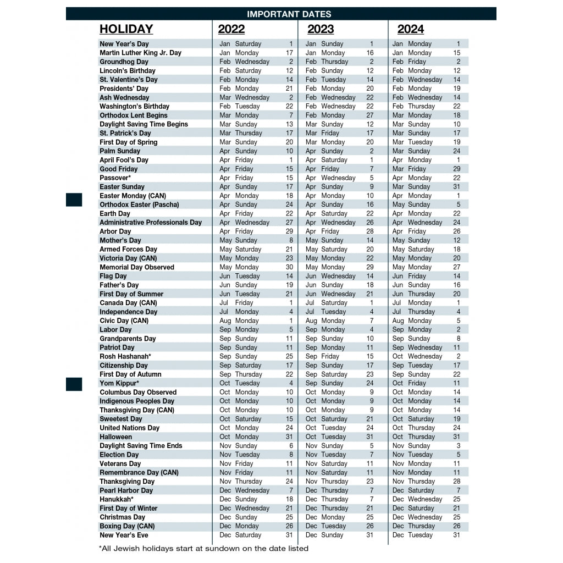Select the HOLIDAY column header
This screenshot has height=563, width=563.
pos(126,29)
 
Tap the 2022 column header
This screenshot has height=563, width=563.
pos(231,29)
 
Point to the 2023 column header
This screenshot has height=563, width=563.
pos(320,29)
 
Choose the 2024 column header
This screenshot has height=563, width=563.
pos(410,29)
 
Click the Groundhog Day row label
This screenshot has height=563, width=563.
pos(124,62)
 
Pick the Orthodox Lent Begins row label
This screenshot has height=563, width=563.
pos(134,115)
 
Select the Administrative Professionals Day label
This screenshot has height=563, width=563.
pos(151,223)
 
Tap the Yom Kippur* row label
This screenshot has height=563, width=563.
pos(119,383)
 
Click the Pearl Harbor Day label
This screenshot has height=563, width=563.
pos(126,490)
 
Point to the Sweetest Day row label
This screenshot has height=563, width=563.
pos(121,419)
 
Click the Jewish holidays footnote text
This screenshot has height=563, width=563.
pos(203,548)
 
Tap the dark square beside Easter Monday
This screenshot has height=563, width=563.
pos(74,200)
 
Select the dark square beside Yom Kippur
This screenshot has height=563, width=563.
pos(74,384)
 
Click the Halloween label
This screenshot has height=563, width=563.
pos(115,437)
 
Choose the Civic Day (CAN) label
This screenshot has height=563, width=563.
pos(124,321)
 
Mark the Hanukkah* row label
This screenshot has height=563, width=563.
pos(117,499)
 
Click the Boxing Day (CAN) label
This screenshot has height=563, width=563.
pos(127,526)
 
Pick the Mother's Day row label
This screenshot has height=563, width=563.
pos(120,240)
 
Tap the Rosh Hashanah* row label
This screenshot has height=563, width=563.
pos(125,356)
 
